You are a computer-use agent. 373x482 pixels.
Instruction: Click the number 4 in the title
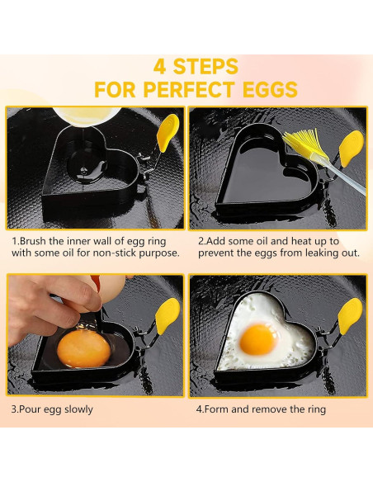[x=159, y=67]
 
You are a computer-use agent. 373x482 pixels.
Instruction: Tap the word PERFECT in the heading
[x=189, y=89]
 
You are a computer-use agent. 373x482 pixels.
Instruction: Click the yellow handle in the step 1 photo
[x=168, y=133]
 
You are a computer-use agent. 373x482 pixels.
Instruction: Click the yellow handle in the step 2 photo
[x=352, y=149]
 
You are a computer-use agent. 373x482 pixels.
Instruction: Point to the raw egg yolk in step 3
[x=83, y=348]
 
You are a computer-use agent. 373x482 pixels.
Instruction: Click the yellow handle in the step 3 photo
[x=168, y=316]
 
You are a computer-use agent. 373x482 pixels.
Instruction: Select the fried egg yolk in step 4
[x=258, y=338]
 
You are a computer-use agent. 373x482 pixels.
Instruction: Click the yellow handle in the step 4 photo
[x=350, y=316]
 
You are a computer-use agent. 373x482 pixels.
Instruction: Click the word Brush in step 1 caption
[x=33, y=241]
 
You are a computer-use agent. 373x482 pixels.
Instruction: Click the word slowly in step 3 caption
[x=78, y=409]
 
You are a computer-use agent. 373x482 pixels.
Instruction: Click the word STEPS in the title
[x=205, y=67]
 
